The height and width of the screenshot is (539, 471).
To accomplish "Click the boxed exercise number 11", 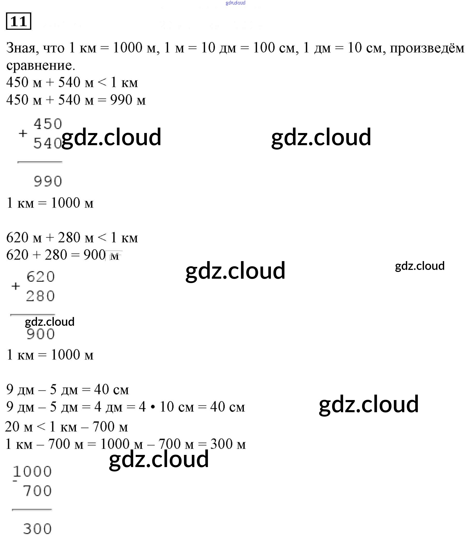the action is tap(18, 21).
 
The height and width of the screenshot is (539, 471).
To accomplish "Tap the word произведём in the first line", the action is tap(427, 48).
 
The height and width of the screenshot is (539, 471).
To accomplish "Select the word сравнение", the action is tap(41, 65).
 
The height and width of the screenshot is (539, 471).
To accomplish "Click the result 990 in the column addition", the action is tap(48, 181).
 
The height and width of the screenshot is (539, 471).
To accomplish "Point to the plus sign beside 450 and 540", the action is tap(23, 133).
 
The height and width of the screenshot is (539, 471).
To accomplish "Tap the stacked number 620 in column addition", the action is tap(41, 277).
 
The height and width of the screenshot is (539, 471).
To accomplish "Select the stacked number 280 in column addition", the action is tap(40, 296).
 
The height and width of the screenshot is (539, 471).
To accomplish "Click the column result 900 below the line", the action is tap(41, 334).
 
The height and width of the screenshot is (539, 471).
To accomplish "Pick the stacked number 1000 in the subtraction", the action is tap(32, 471).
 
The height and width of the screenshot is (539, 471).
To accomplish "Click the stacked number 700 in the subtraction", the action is tap(37, 491).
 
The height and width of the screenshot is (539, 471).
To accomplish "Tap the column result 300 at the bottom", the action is tap(37, 529).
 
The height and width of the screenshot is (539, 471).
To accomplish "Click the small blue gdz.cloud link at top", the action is tap(236, 3).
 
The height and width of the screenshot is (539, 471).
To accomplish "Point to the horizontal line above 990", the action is tap(40, 162).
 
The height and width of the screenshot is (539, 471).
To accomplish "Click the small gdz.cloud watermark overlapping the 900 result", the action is tap(50, 322).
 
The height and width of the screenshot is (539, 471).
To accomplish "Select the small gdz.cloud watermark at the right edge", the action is tap(420, 266).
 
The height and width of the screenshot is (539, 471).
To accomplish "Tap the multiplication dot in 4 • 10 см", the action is tap(153, 407).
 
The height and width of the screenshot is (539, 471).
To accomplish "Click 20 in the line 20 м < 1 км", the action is tap(12, 427).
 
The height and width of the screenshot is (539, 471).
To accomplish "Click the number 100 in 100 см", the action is tap(264, 48).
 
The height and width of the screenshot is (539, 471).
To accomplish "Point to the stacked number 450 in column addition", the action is tap(48, 124).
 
